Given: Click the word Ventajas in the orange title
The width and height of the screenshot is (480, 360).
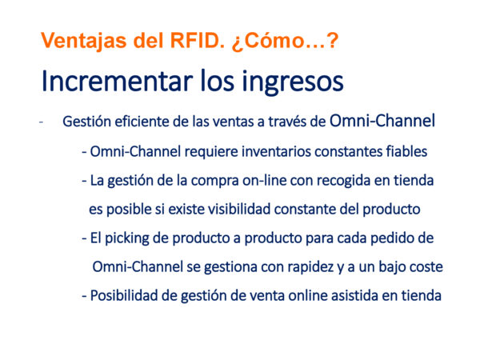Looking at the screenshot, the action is point(83,41).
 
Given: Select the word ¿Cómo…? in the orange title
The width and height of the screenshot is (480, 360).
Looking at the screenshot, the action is point(285,41).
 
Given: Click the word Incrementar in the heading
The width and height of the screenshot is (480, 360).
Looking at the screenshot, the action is point(118,81).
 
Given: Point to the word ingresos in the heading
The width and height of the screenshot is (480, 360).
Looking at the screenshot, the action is point(293,82).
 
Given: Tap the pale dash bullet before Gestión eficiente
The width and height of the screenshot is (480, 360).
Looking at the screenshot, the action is point(41,122).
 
